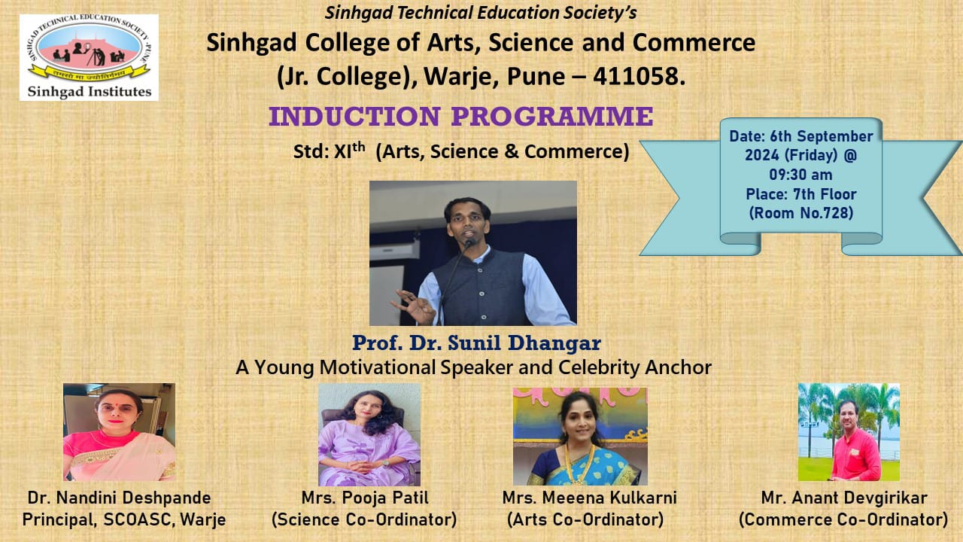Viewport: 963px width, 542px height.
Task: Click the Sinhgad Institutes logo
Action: (89, 58)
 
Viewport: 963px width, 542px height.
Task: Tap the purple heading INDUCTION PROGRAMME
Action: (461, 116)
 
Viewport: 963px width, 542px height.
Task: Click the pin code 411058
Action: (639, 76)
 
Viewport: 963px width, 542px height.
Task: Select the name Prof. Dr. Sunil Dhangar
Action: (476, 343)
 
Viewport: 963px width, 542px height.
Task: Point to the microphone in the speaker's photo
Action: (468, 243)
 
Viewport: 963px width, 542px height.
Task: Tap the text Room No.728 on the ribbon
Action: (801, 213)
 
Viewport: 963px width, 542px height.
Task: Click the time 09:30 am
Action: (800, 175)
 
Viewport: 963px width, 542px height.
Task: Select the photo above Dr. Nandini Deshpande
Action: (119, 432)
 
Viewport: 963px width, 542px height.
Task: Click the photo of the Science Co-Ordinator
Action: (369, 434)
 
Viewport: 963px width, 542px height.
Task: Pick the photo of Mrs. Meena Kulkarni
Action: (580, 436)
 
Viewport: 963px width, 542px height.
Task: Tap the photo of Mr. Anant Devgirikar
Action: (849, 432)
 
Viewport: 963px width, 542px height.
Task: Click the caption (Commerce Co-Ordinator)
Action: (843, 519)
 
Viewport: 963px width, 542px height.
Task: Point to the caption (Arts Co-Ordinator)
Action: (585, 519)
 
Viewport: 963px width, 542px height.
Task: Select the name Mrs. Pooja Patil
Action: (365, 498)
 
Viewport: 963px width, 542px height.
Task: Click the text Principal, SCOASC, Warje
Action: (124, 519)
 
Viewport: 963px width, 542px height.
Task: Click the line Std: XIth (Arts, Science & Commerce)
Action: (461, 151)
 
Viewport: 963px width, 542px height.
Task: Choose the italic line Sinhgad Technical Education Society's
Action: (481, 13)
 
